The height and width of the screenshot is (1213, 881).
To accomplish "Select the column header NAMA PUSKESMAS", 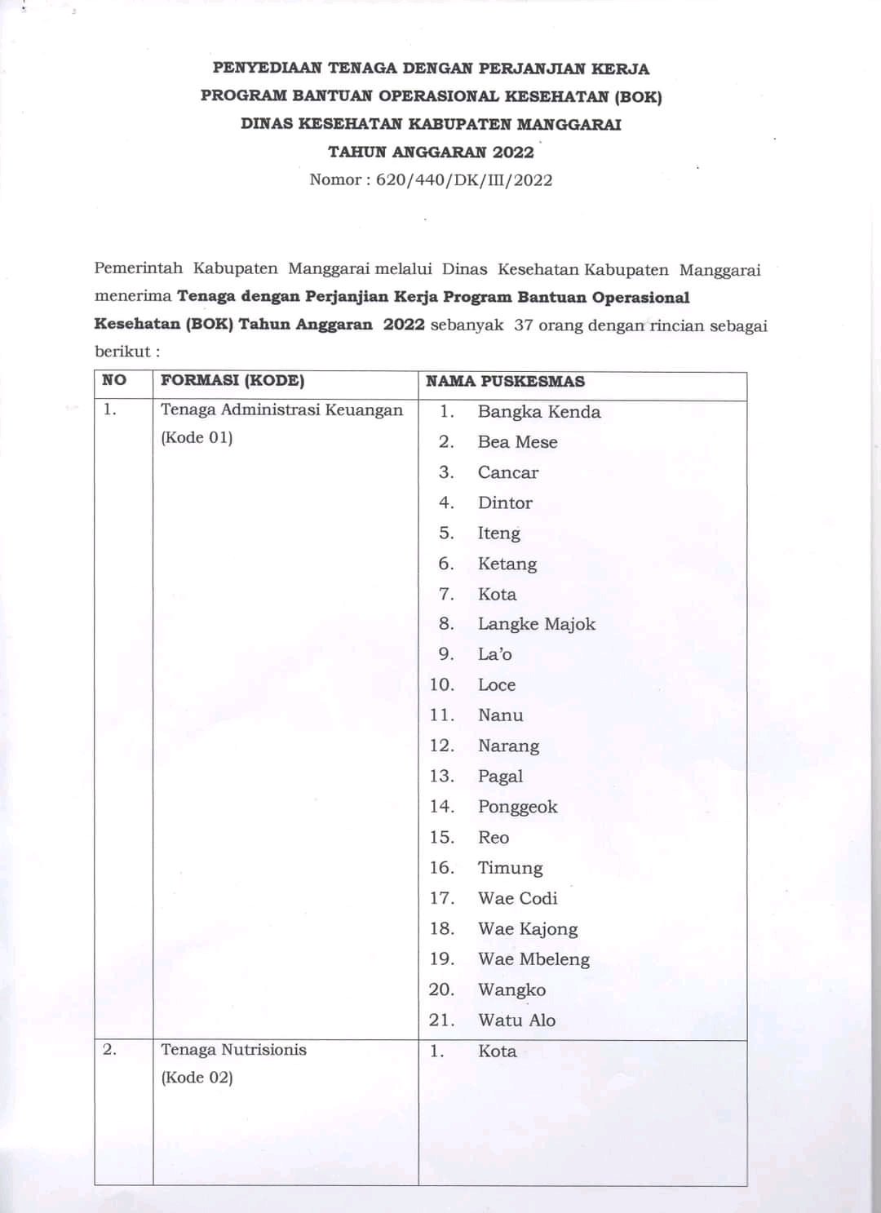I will point(505,381).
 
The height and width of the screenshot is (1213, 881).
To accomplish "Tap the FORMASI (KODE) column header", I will point(232,380).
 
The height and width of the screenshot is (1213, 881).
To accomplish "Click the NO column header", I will point(114,380).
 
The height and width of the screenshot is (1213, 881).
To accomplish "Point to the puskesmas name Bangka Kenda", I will point(539,412).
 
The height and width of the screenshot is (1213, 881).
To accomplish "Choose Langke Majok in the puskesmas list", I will point(536,624).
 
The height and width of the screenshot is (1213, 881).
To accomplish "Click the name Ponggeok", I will point(517,807).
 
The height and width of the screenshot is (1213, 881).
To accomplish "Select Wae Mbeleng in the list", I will point(533,959).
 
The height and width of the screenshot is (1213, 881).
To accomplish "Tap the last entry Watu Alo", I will point(516,1020).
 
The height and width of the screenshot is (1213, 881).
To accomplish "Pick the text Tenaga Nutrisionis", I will point(233,1050).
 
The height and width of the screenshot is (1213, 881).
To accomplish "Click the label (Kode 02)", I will point(197,1078).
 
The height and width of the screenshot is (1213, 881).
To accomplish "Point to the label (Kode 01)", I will point(197,437).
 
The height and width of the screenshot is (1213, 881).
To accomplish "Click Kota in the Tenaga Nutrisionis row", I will point(497,1051).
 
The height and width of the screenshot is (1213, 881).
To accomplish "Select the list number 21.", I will point(441,1020).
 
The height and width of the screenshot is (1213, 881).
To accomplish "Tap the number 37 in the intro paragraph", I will point(524,325).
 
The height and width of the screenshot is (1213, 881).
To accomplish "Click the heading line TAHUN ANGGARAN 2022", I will point(431,153).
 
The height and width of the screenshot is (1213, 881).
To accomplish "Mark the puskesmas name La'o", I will point(494,654).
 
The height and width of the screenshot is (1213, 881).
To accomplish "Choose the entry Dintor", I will point(505,503).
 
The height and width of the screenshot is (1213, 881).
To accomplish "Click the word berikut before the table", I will point(122,352).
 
